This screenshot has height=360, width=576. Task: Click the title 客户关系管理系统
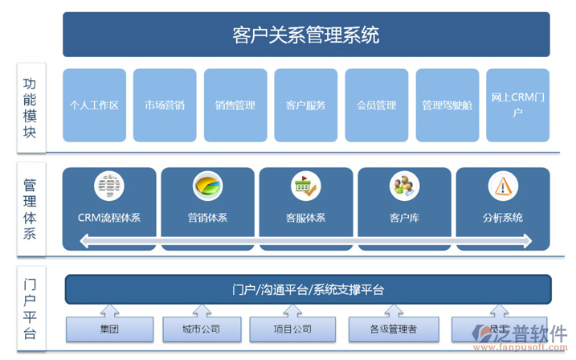tap(306, 35)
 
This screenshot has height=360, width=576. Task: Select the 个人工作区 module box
tap(94, 104)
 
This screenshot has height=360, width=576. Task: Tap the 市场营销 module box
tap(165, 104)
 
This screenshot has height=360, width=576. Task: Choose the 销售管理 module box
tap(235, 104)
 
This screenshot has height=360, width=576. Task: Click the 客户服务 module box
tap(306, 104)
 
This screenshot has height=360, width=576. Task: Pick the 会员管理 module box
tap(377, 104)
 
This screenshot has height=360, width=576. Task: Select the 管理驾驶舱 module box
tap(447, 104)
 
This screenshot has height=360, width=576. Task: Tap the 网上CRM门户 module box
tap(518, 104)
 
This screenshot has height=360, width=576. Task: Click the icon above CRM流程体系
tap(109, 186)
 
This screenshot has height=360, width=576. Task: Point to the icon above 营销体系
tap(207, 186)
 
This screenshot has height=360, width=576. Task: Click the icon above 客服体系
tap(305, 186)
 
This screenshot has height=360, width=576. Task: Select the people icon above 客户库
tap(404, 186)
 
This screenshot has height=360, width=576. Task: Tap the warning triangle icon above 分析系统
tap(503, 186)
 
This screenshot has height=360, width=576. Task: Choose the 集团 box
tap(109, 329)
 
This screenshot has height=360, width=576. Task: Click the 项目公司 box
tap(292, 329)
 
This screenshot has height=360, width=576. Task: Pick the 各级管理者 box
tap(394, 329)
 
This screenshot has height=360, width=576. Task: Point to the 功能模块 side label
tap(30, 108)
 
